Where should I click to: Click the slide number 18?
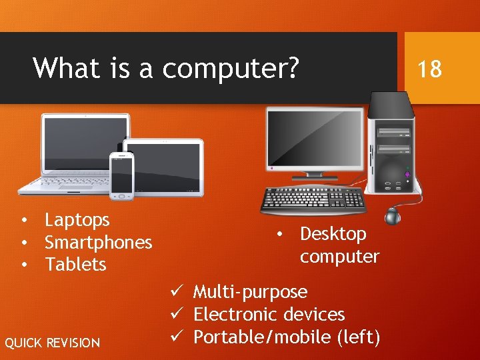(x=429, y=69)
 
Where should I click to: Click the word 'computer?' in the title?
(x=230, y=69)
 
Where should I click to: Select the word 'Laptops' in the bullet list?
(x=77, y=220)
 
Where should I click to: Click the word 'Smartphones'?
(x=98, y=243)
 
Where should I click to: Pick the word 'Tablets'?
(x=75, y=265)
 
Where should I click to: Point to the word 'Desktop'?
(x=333, y=234)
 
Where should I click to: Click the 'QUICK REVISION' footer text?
(x=53, y=343)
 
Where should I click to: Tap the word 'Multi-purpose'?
(x=250, y=292)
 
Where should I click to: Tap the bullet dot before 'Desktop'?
(x=282, y=234)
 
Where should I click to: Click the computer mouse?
(x=393, y=215)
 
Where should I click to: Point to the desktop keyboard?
(x=313, y=199)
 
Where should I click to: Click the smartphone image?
(x=122, y=175)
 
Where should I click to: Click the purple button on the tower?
(x=407, y=174)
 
